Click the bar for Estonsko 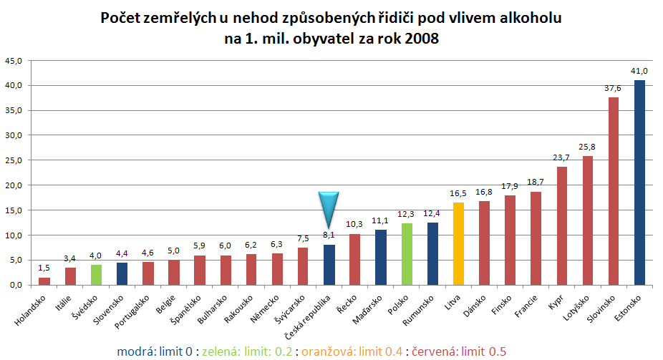pos(639,183)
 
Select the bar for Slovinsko pos(614,191)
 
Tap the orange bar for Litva pos(458,243)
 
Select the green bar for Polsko pos(407,254)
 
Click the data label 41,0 pos(639,71)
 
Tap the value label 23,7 pos(562,157)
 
